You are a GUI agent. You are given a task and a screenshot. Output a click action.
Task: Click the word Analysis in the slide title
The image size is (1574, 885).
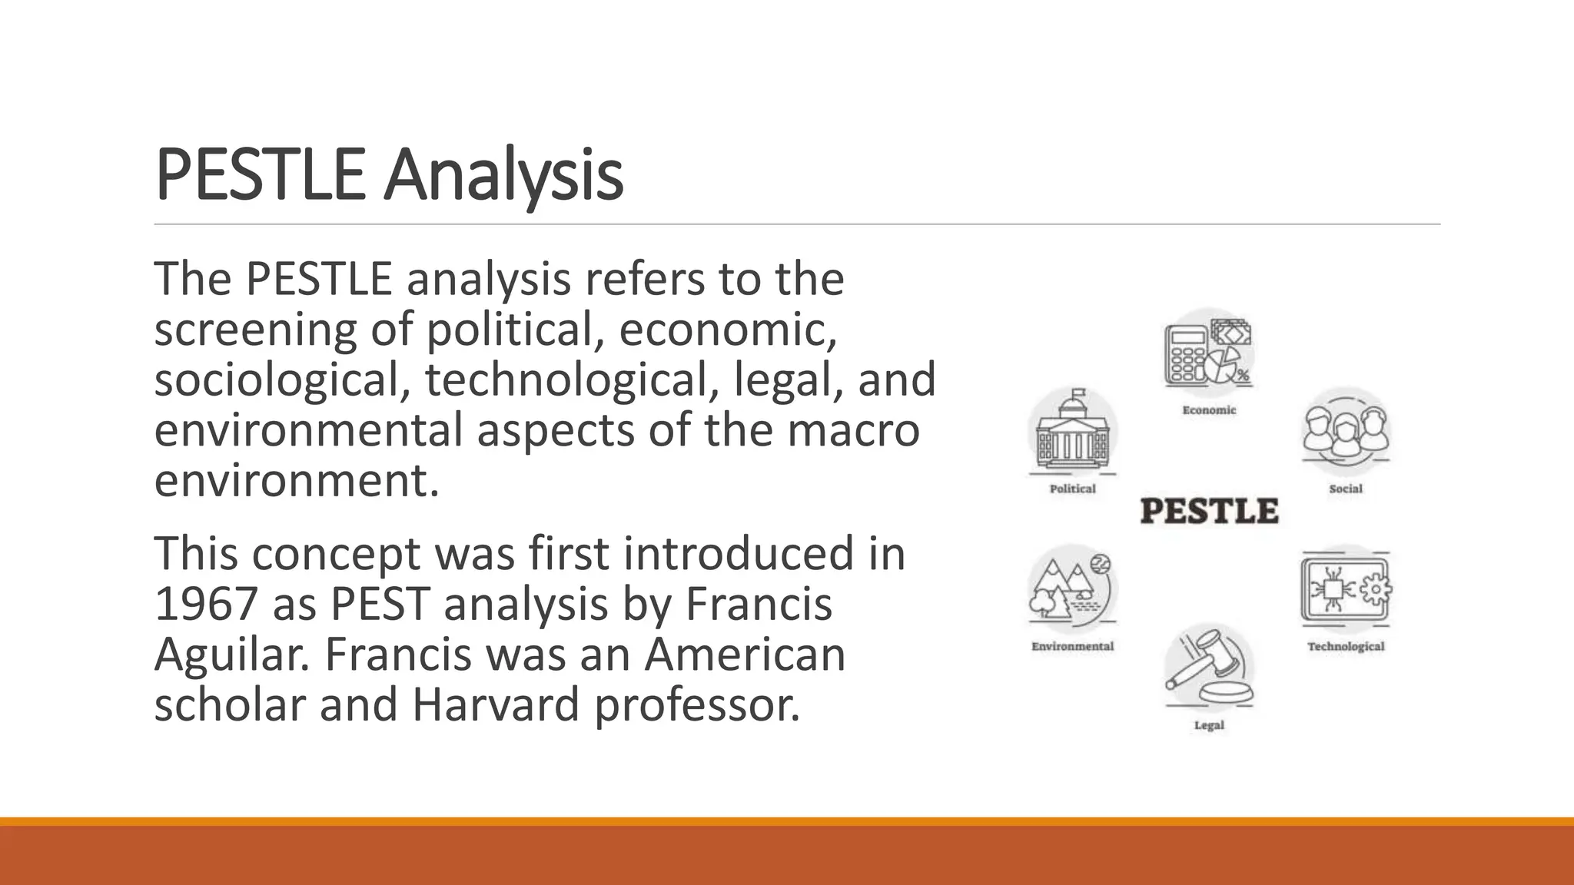pyautogui.click(x=503, y=176)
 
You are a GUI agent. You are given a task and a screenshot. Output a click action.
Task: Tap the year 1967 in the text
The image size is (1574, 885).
pyautogui.click(x=205, y=604)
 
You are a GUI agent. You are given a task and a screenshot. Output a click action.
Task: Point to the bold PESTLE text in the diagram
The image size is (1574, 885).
pyautogui.click(x=1209, y=512)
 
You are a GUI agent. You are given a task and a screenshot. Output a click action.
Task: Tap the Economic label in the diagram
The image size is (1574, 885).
pyautogui.click(x=1209, y=410)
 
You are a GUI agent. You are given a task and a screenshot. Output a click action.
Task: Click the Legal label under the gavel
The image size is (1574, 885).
pyautogui.click(x=1208, y=725)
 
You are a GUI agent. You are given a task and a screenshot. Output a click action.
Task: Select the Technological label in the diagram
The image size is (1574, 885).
pyautogui.click(x=1346, y=646)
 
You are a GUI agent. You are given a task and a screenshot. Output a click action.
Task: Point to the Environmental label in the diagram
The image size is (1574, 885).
pyautogui.click(x=1072, y=646)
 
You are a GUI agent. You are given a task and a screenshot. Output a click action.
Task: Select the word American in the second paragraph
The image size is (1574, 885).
pyautogui.click(x=744, y=655)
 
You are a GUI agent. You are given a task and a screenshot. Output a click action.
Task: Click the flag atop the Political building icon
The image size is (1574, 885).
pyautogui.click(x=1079, y=394)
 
